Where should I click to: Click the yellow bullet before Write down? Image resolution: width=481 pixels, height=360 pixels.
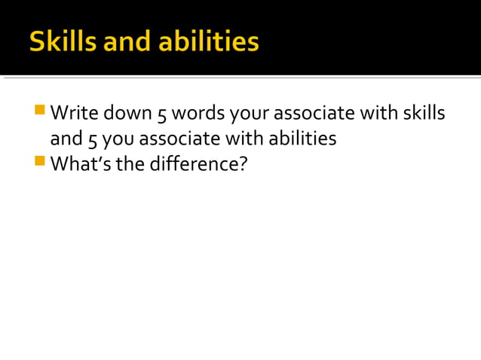coord(39,110)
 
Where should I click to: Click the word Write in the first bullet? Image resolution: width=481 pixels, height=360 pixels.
coord(74,113)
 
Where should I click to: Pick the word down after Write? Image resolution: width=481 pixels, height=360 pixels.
coord(127,113)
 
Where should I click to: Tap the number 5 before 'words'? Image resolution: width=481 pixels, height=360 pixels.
coord(161,114)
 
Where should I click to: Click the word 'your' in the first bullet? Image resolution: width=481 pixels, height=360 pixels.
coord(249,114)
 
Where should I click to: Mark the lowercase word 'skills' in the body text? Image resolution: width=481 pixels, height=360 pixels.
coord(423,113)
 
